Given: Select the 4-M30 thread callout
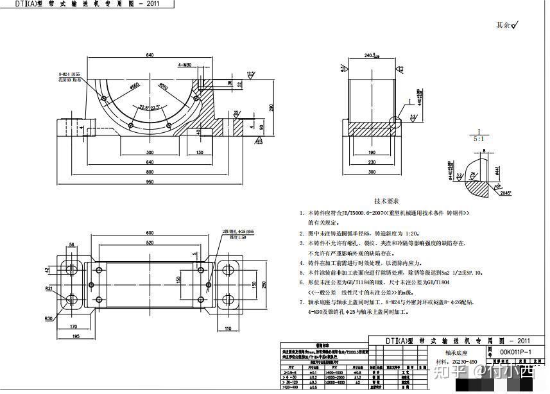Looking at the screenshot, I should tap(186, 65).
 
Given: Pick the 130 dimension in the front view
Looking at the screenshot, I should tap(200, 152).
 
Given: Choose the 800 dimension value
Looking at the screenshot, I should tap(150, 172).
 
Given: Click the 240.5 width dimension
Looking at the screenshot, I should tap(371, 56).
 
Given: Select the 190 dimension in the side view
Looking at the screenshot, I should tap(371, 153).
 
